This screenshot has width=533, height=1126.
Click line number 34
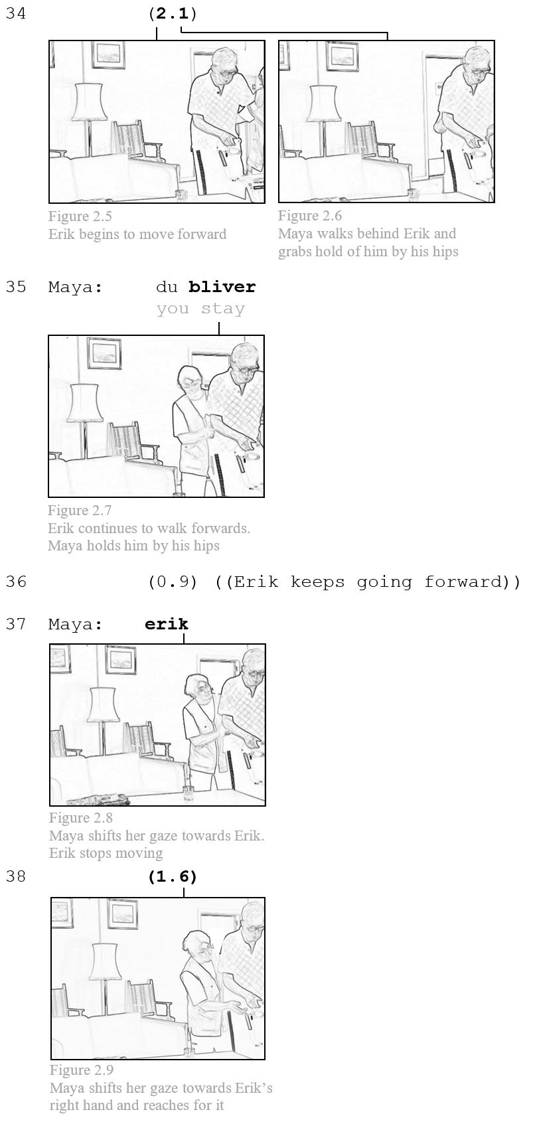coord(16,13)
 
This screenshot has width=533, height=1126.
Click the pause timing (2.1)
coord(173,13)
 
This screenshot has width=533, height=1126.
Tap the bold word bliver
coord(222,287)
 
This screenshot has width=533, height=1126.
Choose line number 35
coord(16,287)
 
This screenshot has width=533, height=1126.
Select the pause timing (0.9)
coord(173,582)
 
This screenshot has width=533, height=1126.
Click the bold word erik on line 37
coord(167,624)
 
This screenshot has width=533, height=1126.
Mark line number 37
coord(16,624)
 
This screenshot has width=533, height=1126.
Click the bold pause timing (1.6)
coord(173,876)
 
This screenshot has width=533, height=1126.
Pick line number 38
coord(16,876)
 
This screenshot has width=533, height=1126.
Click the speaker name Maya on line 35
coord(75,287)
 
